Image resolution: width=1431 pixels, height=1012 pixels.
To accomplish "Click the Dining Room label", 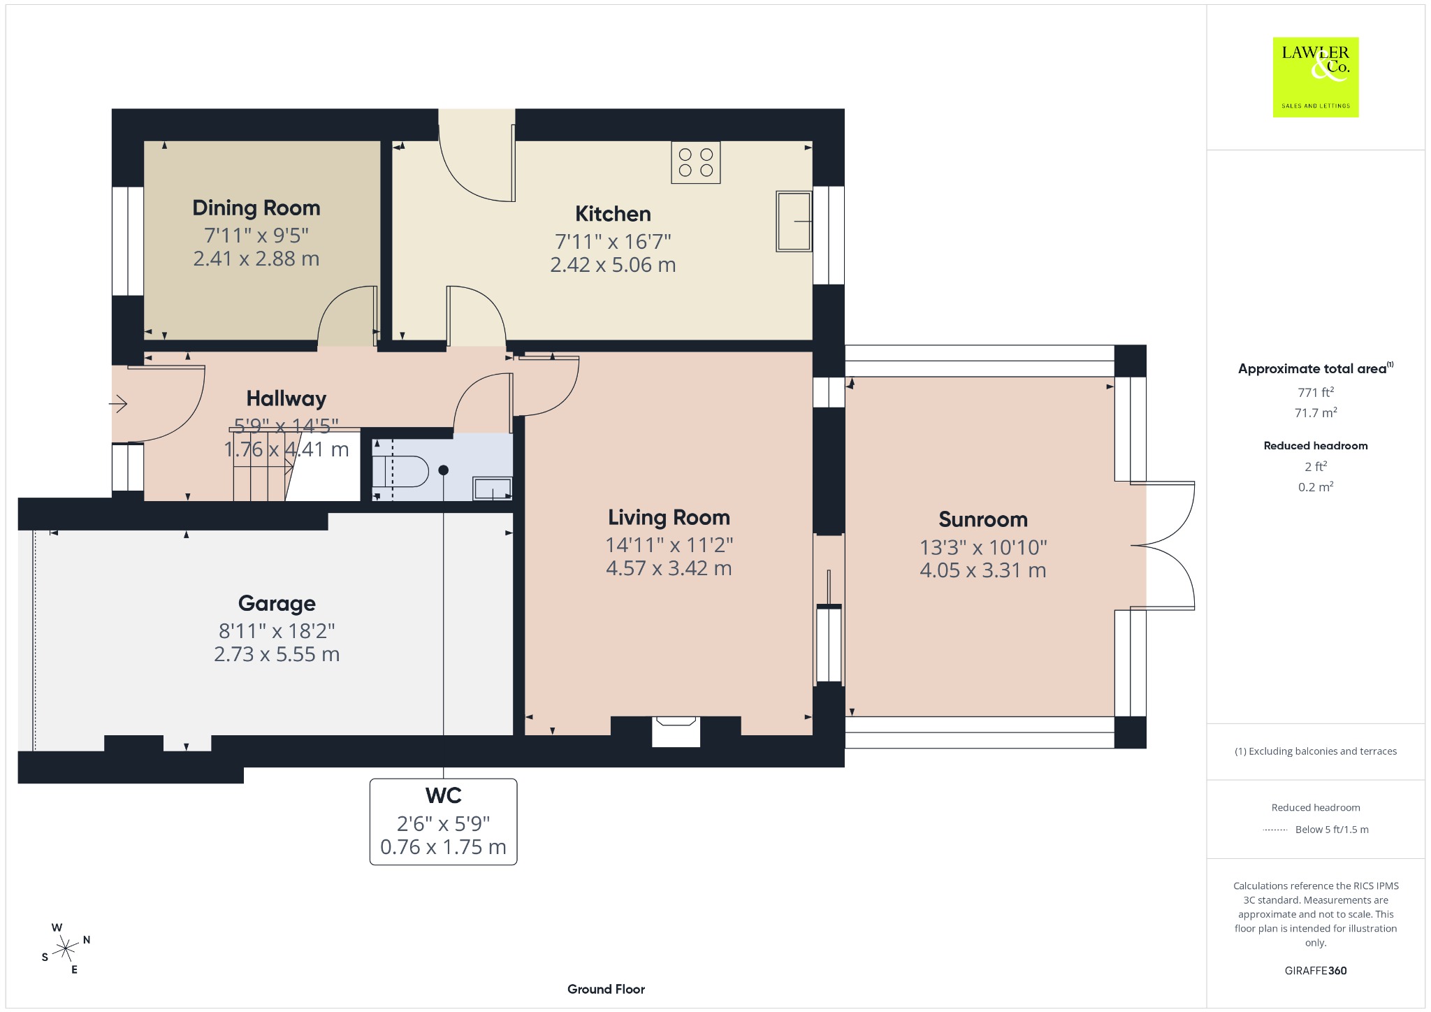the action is [x=256, y=208].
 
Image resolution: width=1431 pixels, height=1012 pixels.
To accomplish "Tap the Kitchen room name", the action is [x=613, y=214].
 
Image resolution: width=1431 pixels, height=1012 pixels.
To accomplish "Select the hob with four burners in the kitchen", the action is [x=695, y=162].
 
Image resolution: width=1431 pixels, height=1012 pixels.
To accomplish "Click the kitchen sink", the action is [x=794, y=221].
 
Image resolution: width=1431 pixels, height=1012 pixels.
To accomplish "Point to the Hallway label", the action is [x=286, y=399].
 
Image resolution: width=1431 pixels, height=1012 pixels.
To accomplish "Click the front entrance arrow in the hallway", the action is [x=118, y=404].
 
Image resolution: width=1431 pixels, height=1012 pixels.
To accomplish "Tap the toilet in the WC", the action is [x=400, y=471].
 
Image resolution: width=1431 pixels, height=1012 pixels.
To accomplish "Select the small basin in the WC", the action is [x=493, y=488].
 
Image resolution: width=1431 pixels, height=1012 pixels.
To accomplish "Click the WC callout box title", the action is [x=443, y=795].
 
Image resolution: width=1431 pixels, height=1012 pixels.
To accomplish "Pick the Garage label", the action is [x=277, y=603].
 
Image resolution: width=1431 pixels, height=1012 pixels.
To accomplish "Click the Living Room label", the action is [x=669, y=518].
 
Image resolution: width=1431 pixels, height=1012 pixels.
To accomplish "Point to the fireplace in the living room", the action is [x=676, y=731].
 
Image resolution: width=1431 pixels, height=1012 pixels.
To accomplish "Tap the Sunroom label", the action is [x=982, y=520].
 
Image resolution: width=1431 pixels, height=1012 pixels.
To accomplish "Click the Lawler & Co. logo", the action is [x=1316, y=77].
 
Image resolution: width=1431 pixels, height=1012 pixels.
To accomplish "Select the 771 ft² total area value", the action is [x=1316, y=392].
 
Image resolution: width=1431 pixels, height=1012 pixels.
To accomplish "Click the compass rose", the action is [x=66, y=948].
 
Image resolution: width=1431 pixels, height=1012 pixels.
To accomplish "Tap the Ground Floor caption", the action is [x=606, y=989].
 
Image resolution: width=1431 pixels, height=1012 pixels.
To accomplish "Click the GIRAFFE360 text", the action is [x=1316, y=971].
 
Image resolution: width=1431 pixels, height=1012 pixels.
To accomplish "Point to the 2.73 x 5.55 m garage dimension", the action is [x=277, y=655].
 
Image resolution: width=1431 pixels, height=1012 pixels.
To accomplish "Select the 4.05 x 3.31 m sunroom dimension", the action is [x=982, y=571].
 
